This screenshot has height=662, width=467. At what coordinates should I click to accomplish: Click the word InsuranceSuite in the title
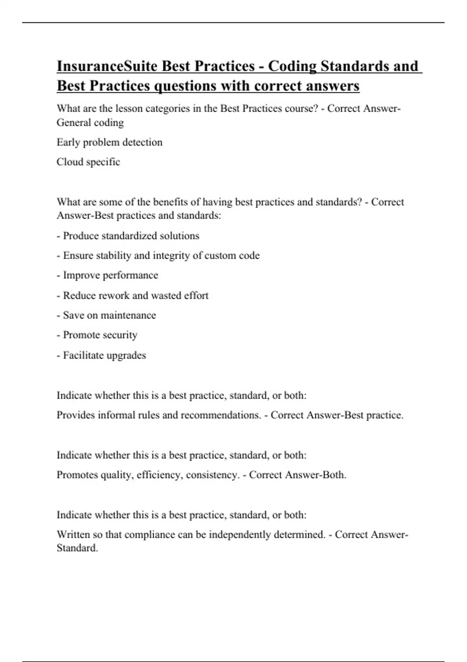107,66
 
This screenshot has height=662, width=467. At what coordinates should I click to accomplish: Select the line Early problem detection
109,142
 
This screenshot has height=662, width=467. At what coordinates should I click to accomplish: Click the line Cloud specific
88,162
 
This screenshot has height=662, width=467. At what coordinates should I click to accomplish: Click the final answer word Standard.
77,548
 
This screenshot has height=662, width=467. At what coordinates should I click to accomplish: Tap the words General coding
90,123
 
